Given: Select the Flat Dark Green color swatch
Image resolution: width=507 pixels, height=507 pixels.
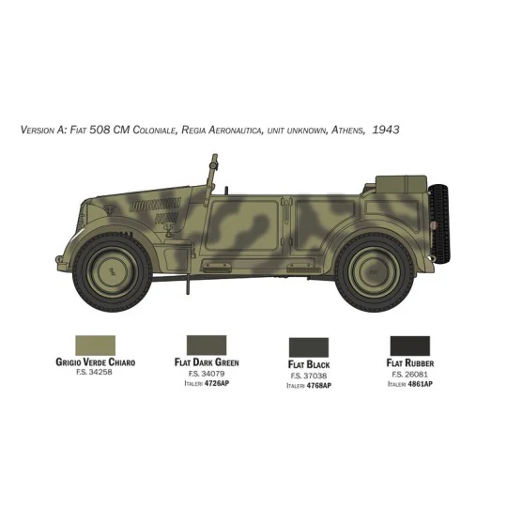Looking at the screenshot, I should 207,346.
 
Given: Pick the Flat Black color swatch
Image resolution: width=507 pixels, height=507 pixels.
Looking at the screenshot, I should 310,346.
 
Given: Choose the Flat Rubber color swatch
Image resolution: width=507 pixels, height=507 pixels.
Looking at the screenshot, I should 411,346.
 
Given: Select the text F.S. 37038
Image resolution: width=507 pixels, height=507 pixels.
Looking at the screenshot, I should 310,375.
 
